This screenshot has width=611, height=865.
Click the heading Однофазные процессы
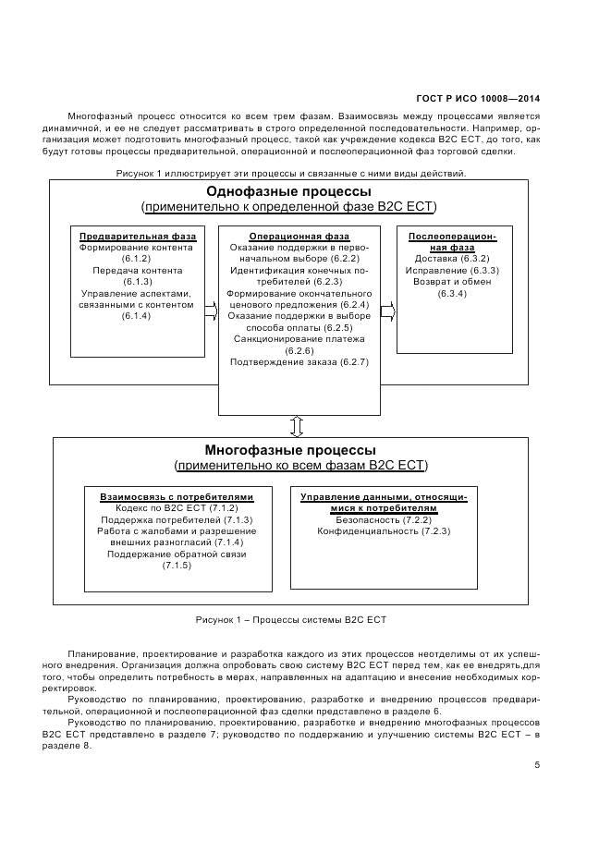pos(288,191)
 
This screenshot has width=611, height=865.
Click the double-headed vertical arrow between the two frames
pos(297,426)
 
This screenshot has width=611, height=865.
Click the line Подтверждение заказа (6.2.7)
pos(299,362)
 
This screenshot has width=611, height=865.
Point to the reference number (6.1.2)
pos(137,259)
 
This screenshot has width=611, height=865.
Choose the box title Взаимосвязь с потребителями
pos(177,496)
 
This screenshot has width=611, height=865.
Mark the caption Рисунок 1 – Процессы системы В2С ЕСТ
pos(290,619)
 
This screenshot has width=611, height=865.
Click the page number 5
pos(537,764)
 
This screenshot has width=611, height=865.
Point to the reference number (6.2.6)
pos(299,351)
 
